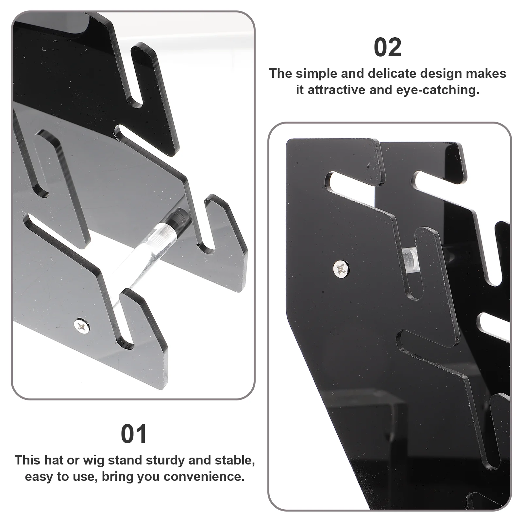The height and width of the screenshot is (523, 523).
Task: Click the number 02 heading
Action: (x=387, y=48)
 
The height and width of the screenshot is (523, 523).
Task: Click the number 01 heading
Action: (x=134, y=434)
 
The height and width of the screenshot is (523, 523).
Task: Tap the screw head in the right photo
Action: (x=341, y=268)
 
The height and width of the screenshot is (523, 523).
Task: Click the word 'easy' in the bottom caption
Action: (x=39, y=477)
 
